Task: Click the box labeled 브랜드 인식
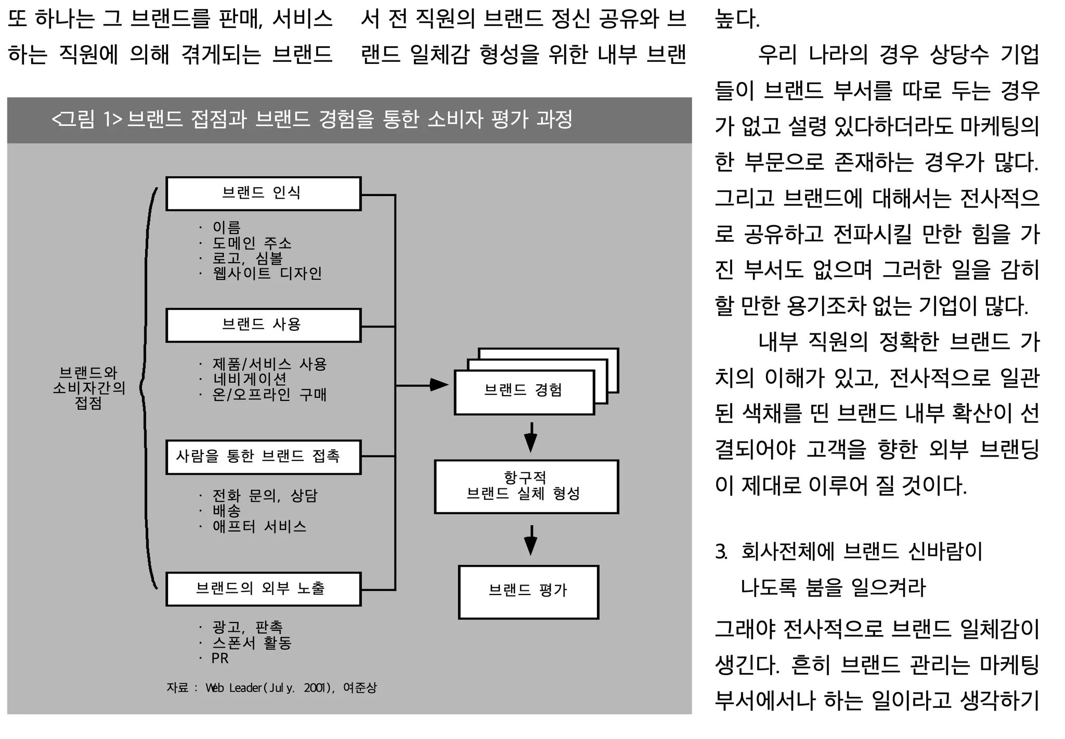[263, 193]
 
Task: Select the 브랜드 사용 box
[263, 325]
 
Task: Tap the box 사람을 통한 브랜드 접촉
[263, 457]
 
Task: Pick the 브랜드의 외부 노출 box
[263, 589]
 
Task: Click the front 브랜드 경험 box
[524, 392]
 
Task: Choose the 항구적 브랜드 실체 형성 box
[526, 486]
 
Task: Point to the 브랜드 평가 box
[528, 591]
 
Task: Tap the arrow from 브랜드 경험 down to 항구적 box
[530, 437]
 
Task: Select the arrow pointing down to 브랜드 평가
[530, 540]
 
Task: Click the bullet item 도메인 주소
[252, 243]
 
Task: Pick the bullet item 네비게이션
[250, 379]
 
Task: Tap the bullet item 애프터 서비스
[259, 526]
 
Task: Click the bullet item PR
[220, 658]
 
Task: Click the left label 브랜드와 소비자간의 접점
[89, 387]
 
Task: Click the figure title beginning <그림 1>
[312, 120]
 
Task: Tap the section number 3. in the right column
[721, 552]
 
